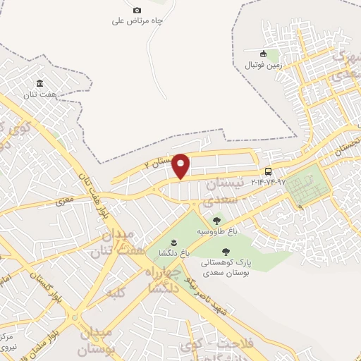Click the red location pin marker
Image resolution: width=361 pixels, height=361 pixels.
[x=180, y=166]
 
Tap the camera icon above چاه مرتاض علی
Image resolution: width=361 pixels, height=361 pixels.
[x=137, y=10]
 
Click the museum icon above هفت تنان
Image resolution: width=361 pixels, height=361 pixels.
[x=39, y=84]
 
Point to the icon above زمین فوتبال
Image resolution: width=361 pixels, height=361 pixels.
[x=263, y=54]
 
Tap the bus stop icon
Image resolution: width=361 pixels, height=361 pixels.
[x=268, y=171]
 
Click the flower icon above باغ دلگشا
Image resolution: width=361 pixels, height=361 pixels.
[x=164, y=243]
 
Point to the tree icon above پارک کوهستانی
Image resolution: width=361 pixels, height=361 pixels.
[x=226, y=252]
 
